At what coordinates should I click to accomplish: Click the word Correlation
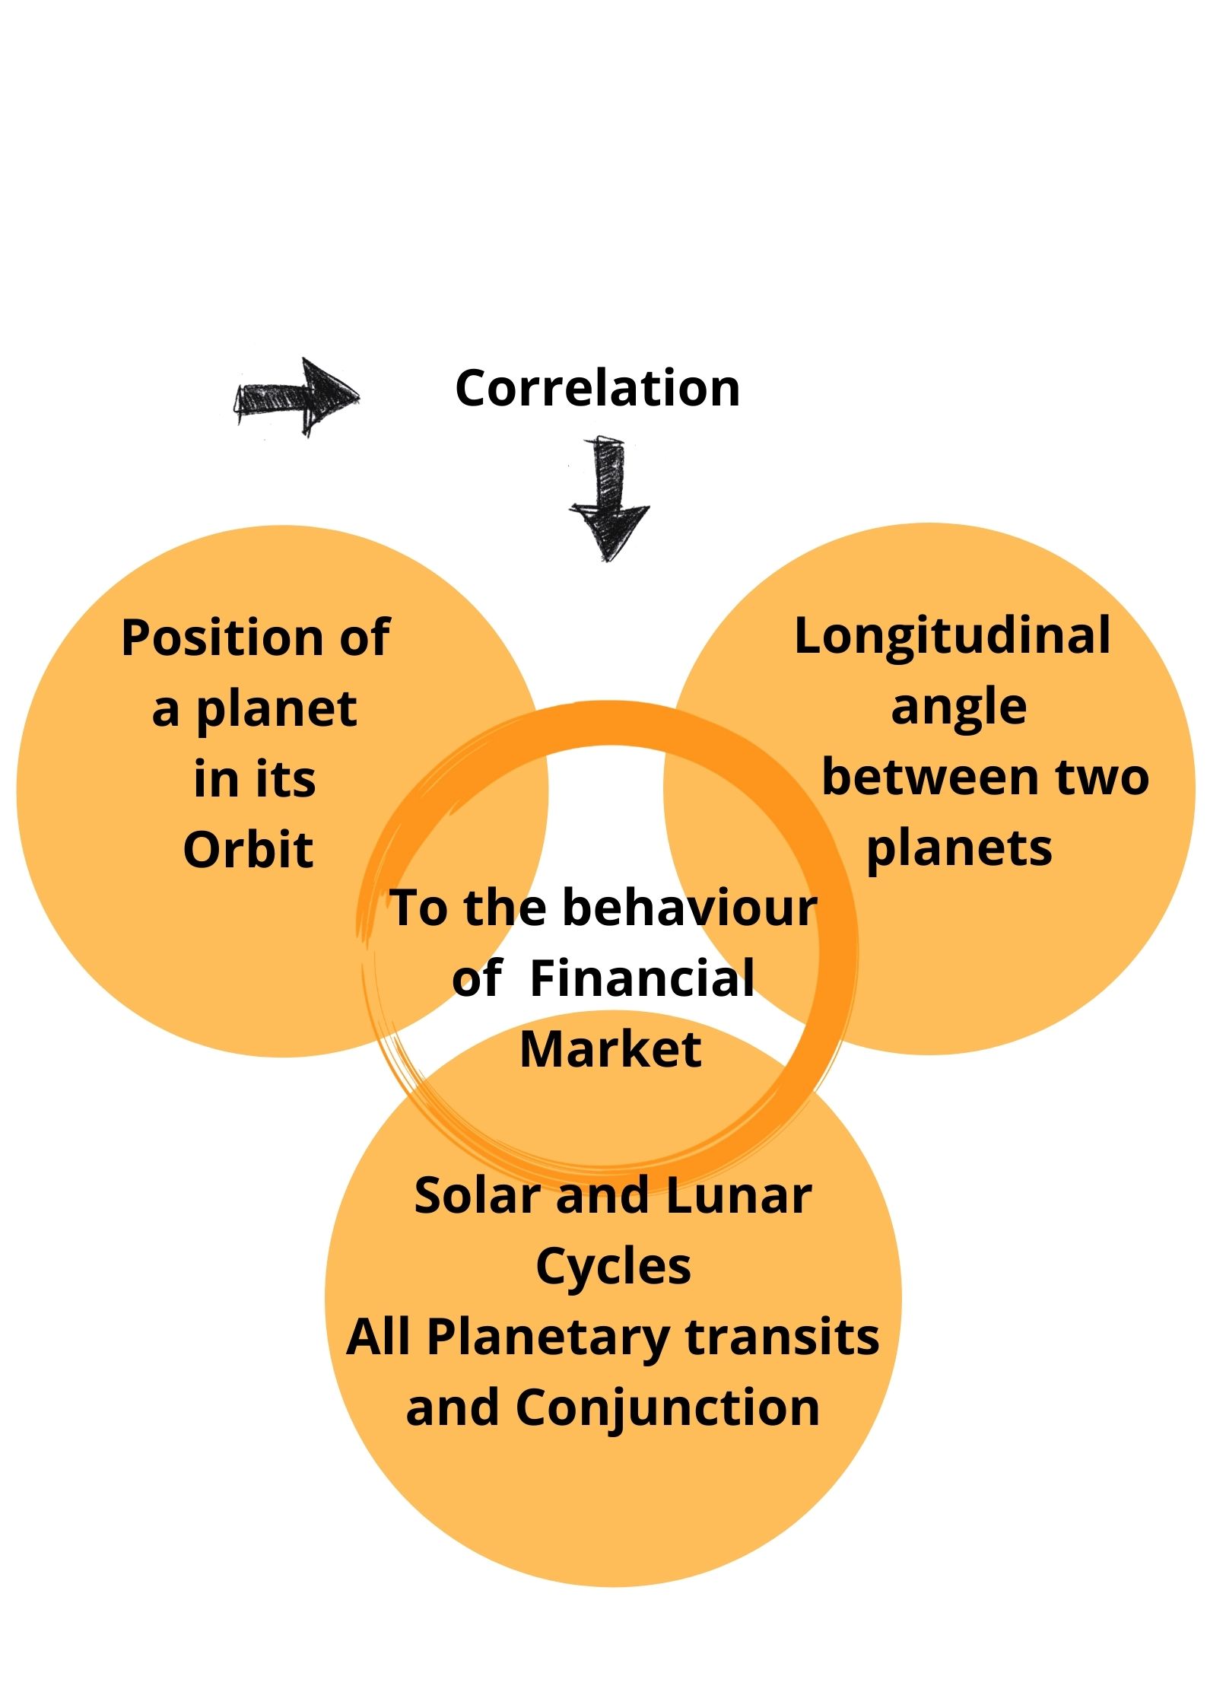[x=597, y=388]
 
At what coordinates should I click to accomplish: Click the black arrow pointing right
[x=296, y=396]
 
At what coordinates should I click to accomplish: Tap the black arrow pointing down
[x=608, y=499]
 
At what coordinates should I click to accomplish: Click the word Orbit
[x=249, y=849]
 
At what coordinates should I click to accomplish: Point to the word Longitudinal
[x=952, y=635]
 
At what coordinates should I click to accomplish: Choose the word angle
[x=959, y=708]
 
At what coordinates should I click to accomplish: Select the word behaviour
[x=690, y=908]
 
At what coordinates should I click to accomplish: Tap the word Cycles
[x=614, y=1267]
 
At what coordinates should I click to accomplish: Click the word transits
[x=783, y=1338]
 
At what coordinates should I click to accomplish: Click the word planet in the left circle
[x=277, y=711]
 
